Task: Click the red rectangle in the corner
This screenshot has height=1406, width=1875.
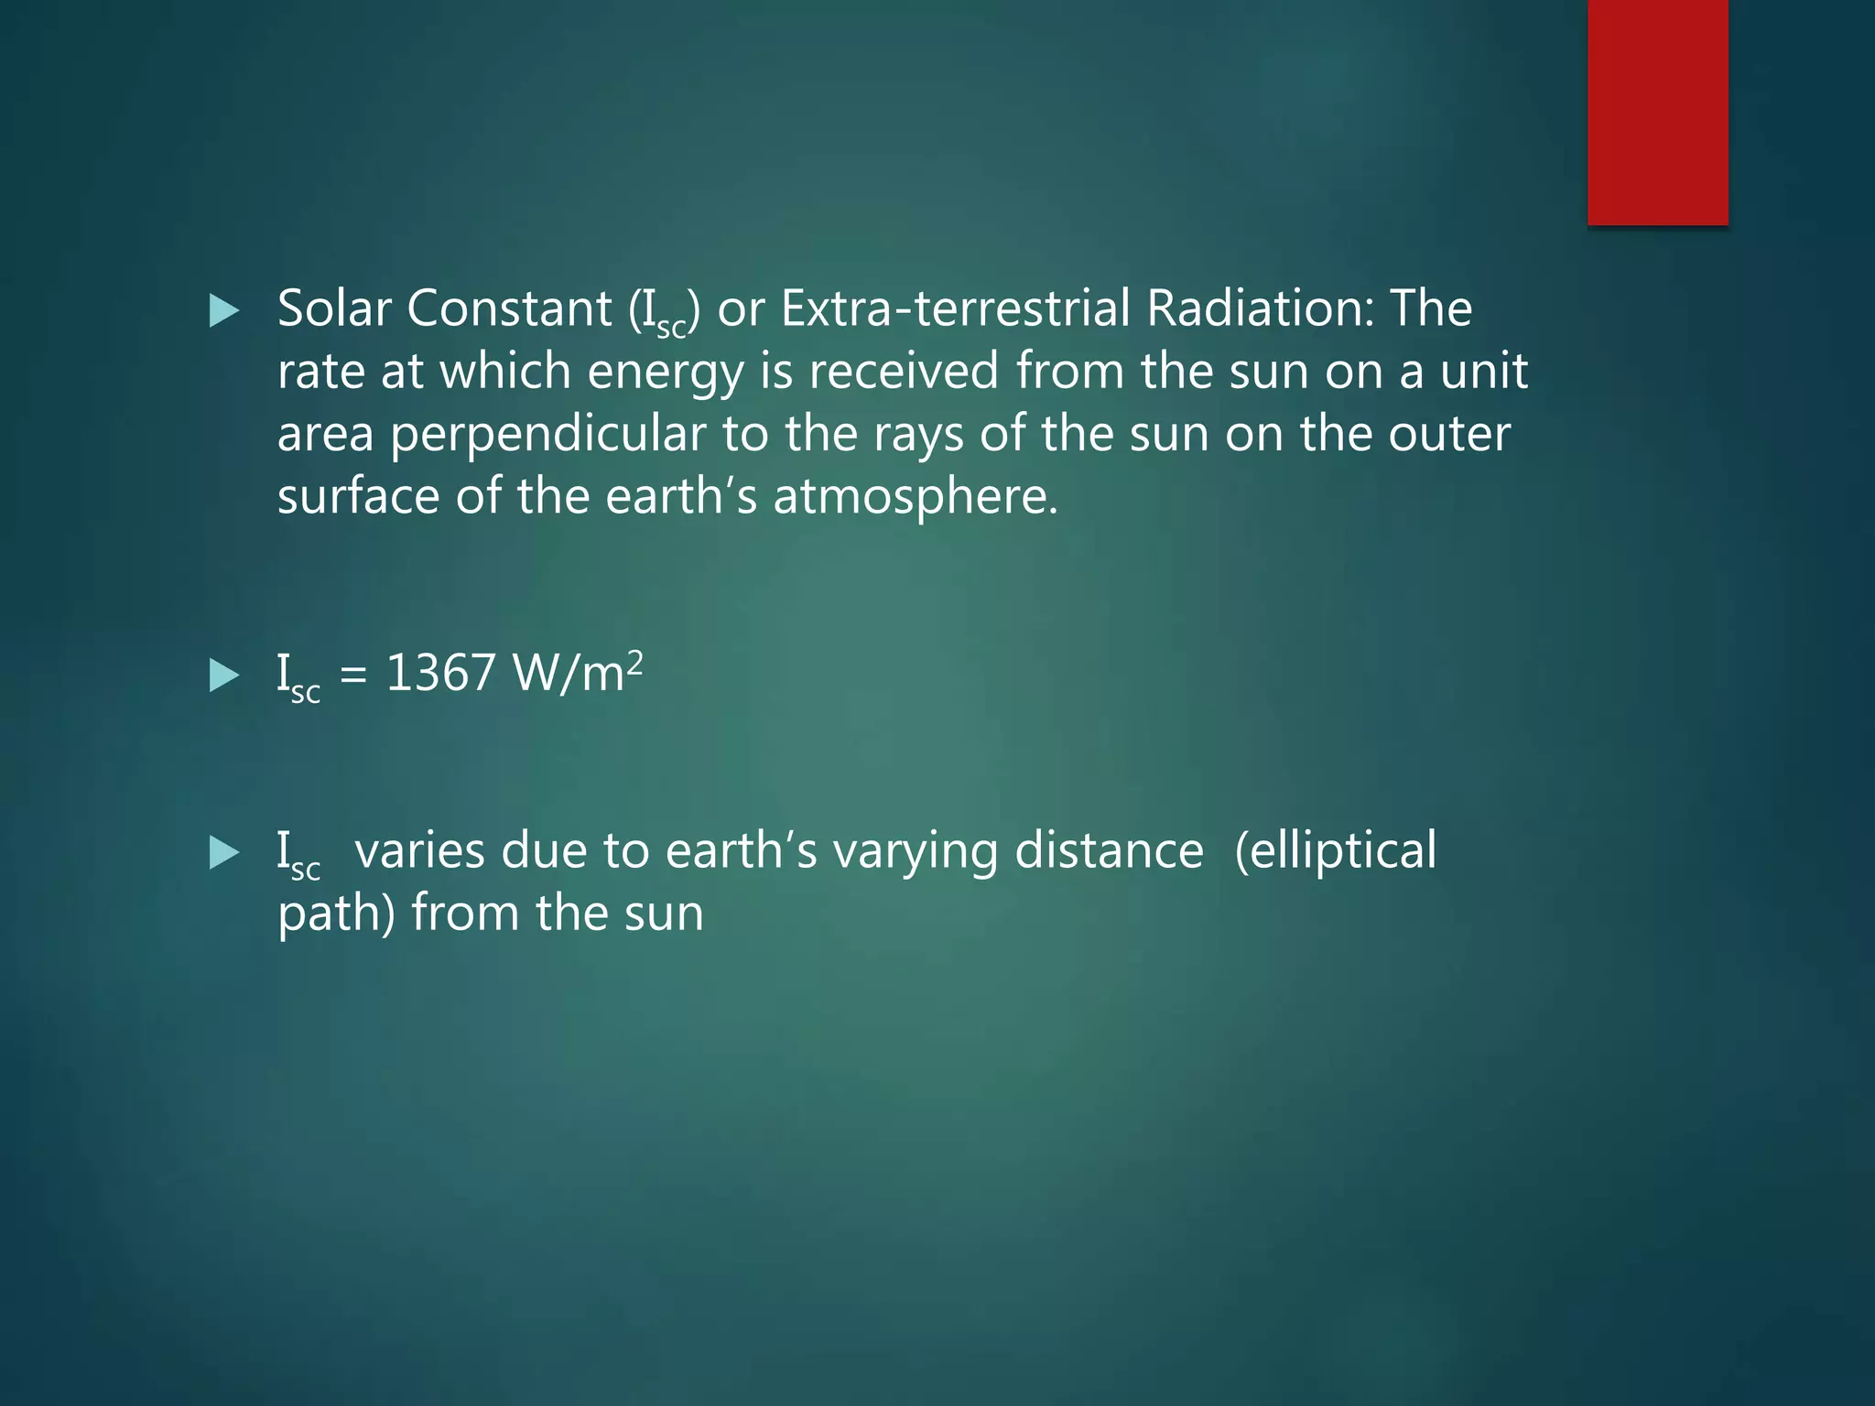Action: coord(1657,112)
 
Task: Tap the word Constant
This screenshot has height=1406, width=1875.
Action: coord(509,308)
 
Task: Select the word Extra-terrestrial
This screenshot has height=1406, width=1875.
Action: coord(956,308)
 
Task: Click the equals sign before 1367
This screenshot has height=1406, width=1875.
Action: coord(353,676)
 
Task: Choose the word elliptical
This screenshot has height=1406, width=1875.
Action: coord(1336,851)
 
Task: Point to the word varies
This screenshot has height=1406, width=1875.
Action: coord(419,851)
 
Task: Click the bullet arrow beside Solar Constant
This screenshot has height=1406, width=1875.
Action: coord(224,311)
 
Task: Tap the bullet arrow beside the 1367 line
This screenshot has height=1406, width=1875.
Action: coord(224,676)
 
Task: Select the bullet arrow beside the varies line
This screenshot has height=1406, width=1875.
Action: coord(224,853)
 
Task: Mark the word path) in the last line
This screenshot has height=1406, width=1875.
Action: coord(336,914)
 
